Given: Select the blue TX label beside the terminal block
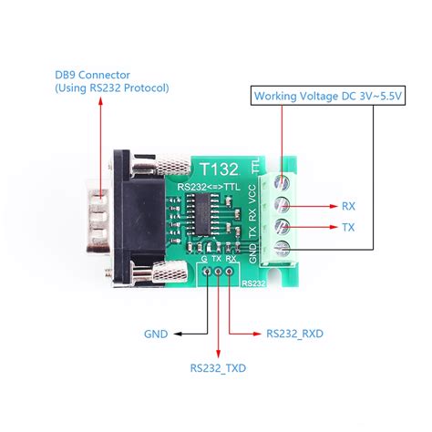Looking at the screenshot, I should tap(348, 227).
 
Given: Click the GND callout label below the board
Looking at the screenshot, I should tap(156, 334).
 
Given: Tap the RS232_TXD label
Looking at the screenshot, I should tap(219, 369).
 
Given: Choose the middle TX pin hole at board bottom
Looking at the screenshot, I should tap(217, 271).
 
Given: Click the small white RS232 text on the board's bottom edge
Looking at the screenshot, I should tap(253, 283).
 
